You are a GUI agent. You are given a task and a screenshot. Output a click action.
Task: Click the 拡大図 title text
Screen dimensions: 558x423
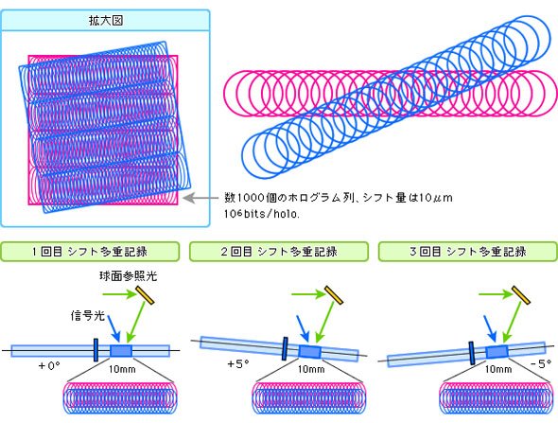tap(106, 20)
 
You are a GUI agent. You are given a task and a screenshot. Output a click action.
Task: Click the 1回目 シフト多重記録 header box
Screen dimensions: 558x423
tap(90, 252)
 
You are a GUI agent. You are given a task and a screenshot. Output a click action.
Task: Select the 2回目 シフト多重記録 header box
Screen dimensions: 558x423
tap(279, 252)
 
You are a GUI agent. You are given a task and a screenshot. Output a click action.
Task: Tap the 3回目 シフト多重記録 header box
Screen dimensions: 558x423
tap(467, 252)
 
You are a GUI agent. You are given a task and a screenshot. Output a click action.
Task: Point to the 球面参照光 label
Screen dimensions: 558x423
tap(128, 276)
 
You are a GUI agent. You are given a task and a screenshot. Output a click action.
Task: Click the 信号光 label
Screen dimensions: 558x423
tap(88, 315)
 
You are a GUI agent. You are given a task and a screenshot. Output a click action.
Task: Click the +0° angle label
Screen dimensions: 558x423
tap(49, 365)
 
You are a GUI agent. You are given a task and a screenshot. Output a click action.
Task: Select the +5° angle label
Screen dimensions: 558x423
tap(238, 364)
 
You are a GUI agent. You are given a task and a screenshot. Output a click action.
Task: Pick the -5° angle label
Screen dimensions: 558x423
tap(541, 364)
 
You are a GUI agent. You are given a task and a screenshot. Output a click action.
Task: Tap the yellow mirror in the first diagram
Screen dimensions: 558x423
tap(146, 295)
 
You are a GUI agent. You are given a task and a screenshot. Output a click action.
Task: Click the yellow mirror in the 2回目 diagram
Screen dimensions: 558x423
tap(334, 295)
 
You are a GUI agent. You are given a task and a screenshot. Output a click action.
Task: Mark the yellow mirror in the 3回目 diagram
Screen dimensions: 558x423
tap(521, 295)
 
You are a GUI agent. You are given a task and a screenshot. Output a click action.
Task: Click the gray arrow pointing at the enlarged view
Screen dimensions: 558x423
tap(201, 198)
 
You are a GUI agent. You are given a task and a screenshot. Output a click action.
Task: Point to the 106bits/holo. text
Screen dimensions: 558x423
tap(262, 214)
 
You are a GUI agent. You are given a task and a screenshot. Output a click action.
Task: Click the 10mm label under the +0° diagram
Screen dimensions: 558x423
tap(122, 369)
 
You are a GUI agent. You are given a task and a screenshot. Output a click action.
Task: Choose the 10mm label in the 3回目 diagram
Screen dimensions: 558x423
tap(498, 369)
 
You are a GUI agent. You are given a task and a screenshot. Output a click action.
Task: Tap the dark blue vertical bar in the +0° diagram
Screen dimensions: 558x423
tap(96, 350)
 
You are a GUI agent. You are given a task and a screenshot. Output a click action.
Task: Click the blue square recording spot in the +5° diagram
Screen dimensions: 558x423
tap(309, 352)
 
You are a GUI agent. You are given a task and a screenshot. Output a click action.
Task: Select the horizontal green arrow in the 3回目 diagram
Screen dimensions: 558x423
tap(495, 294)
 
